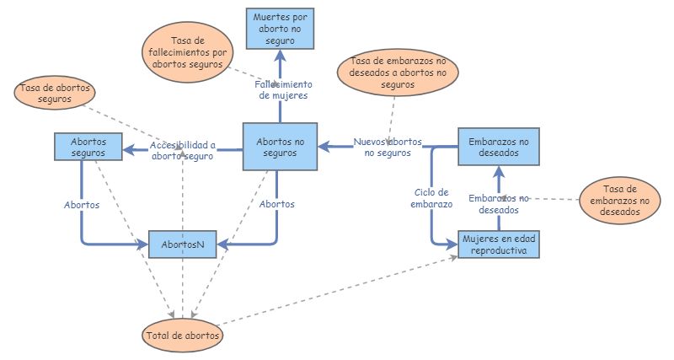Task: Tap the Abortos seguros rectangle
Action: point(88,147)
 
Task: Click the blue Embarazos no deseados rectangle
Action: point(498,147)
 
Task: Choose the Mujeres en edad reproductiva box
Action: point(498,244)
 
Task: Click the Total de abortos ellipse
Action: point(182,335)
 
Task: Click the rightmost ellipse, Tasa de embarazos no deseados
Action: point(622,201)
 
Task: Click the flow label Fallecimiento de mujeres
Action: point(283,89)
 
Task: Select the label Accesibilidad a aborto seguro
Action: point(183,150)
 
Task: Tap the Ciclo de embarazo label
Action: point(432,198)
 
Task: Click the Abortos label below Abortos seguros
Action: point(82,205)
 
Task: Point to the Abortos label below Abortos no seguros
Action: point(276,205)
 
